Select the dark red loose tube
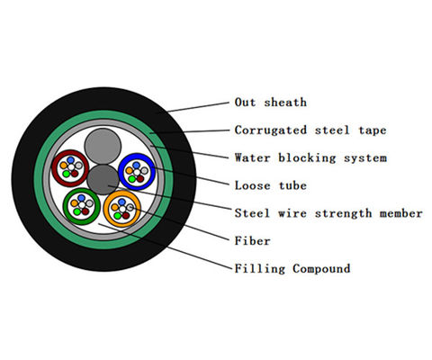(68, 167)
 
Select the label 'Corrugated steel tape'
(310, 130)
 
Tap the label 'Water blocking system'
(310, 157)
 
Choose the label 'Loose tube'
(270, 185)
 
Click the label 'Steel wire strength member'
(328, 213)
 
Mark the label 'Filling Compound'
(292, 268)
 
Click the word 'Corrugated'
(270, 130)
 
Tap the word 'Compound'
(322, 268)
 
